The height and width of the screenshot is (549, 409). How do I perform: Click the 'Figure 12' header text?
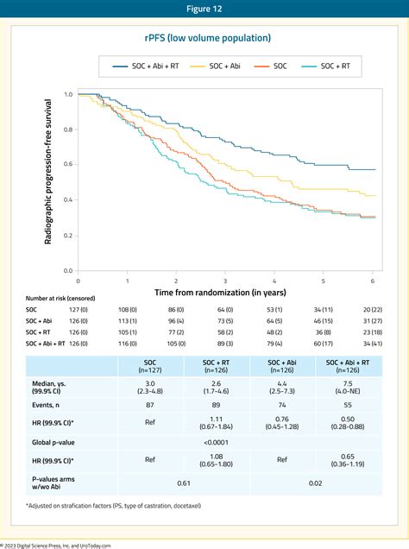tap(204, 9)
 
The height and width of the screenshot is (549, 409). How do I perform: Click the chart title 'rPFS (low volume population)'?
tap(204, 38)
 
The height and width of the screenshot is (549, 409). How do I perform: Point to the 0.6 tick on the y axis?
tap(68, 164)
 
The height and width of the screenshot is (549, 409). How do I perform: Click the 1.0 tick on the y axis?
tap(68, 93)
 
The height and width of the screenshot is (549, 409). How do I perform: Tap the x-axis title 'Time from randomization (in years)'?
tap(225, 293)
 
